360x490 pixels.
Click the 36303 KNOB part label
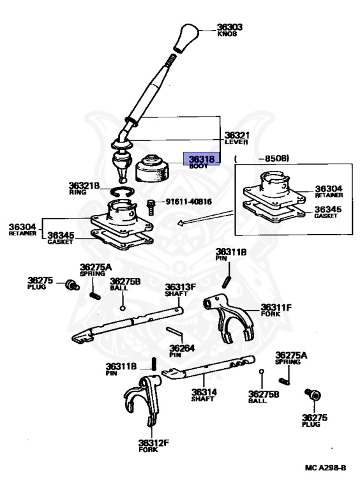click(x=230, y=31)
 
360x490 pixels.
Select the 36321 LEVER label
click(x=237, y=138)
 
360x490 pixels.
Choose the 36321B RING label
click(x=84, y=188)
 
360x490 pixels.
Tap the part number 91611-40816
click(x=188, y=202)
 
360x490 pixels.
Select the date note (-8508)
click(x=262, y=158)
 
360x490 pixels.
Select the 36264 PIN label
click(x=182, y=351)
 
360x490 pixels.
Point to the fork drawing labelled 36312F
click(x=142, y=401)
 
